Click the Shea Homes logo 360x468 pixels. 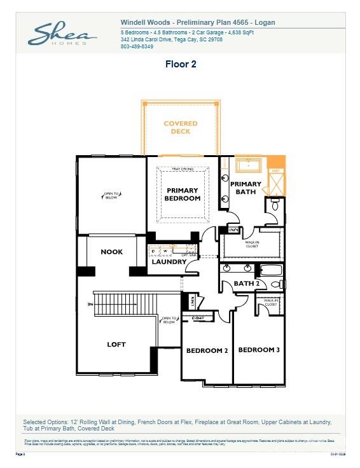click(x=62, y=34)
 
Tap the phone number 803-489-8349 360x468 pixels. click(x=137, y=46)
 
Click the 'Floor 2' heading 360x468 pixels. click(x=180, y=64)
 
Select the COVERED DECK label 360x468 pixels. click(x=181, y=127)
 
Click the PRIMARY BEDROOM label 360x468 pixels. click(x=183, y=194)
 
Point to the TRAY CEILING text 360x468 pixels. click(x=183, y=169)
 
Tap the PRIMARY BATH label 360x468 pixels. click(x=246, y=188)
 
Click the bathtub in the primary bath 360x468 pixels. click(x=251, y=165)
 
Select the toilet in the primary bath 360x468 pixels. click(x=275, y=205)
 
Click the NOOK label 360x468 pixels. click(x=112, y=252)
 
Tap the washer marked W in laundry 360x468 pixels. click(x=163, y=251)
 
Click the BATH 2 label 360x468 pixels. click(x=246, y=284)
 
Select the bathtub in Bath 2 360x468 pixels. click(x=270, y=270)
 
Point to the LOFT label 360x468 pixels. click(x=116, y=344)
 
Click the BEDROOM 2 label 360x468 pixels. click(x=207, y=350)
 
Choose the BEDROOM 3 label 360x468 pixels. click(x=258, y=350)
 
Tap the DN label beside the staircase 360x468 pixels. click(x=90, y=305)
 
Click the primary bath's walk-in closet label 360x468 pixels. click(x=251, y=244)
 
